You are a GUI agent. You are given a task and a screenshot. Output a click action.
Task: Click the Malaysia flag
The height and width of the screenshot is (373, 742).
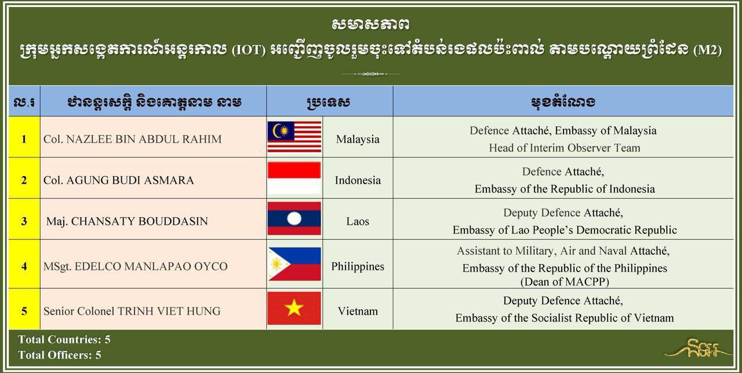[294, 137]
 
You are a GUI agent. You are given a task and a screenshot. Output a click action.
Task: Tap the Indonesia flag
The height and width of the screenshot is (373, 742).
[294, 178]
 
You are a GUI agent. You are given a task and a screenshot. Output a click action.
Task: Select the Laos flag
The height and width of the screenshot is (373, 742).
[294, 218]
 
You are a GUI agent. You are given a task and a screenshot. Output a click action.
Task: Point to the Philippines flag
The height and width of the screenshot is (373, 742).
[294, 264]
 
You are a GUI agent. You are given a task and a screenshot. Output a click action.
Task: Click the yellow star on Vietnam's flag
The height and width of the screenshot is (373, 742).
[294, 308]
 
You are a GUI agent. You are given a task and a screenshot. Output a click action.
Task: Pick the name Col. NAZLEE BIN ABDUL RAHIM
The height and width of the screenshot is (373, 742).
[133, 140]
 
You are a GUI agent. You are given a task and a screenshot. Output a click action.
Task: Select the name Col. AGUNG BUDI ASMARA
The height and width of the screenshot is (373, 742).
[119, 180]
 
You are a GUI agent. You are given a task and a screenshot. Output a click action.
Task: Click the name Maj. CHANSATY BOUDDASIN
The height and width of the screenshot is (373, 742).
[127, 221]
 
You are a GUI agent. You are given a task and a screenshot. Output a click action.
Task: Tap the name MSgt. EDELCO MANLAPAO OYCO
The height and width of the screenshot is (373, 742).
[136, 266]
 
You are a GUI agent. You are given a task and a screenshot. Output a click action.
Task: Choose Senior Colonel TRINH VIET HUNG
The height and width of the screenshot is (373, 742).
[132, 311]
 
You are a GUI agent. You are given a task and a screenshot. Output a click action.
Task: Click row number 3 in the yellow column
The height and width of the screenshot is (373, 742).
[24, 221]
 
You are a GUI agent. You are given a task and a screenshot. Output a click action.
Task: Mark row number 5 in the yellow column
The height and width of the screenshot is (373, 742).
[24, 311]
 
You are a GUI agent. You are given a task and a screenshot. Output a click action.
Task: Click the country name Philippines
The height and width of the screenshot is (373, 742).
[358, 266]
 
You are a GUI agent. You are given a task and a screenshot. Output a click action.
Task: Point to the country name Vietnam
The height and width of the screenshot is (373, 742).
[358, 311]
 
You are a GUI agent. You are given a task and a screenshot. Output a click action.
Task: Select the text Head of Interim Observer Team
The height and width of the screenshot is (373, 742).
[565, 148]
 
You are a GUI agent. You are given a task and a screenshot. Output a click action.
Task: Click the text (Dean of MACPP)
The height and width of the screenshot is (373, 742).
[565, 281]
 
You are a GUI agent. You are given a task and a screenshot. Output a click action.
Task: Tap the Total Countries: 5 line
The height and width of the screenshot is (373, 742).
[64, 339]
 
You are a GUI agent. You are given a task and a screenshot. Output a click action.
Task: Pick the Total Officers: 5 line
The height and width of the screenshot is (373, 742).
[60, 355]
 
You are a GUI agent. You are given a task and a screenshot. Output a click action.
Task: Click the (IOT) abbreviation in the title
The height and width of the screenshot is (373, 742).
[249, 50]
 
